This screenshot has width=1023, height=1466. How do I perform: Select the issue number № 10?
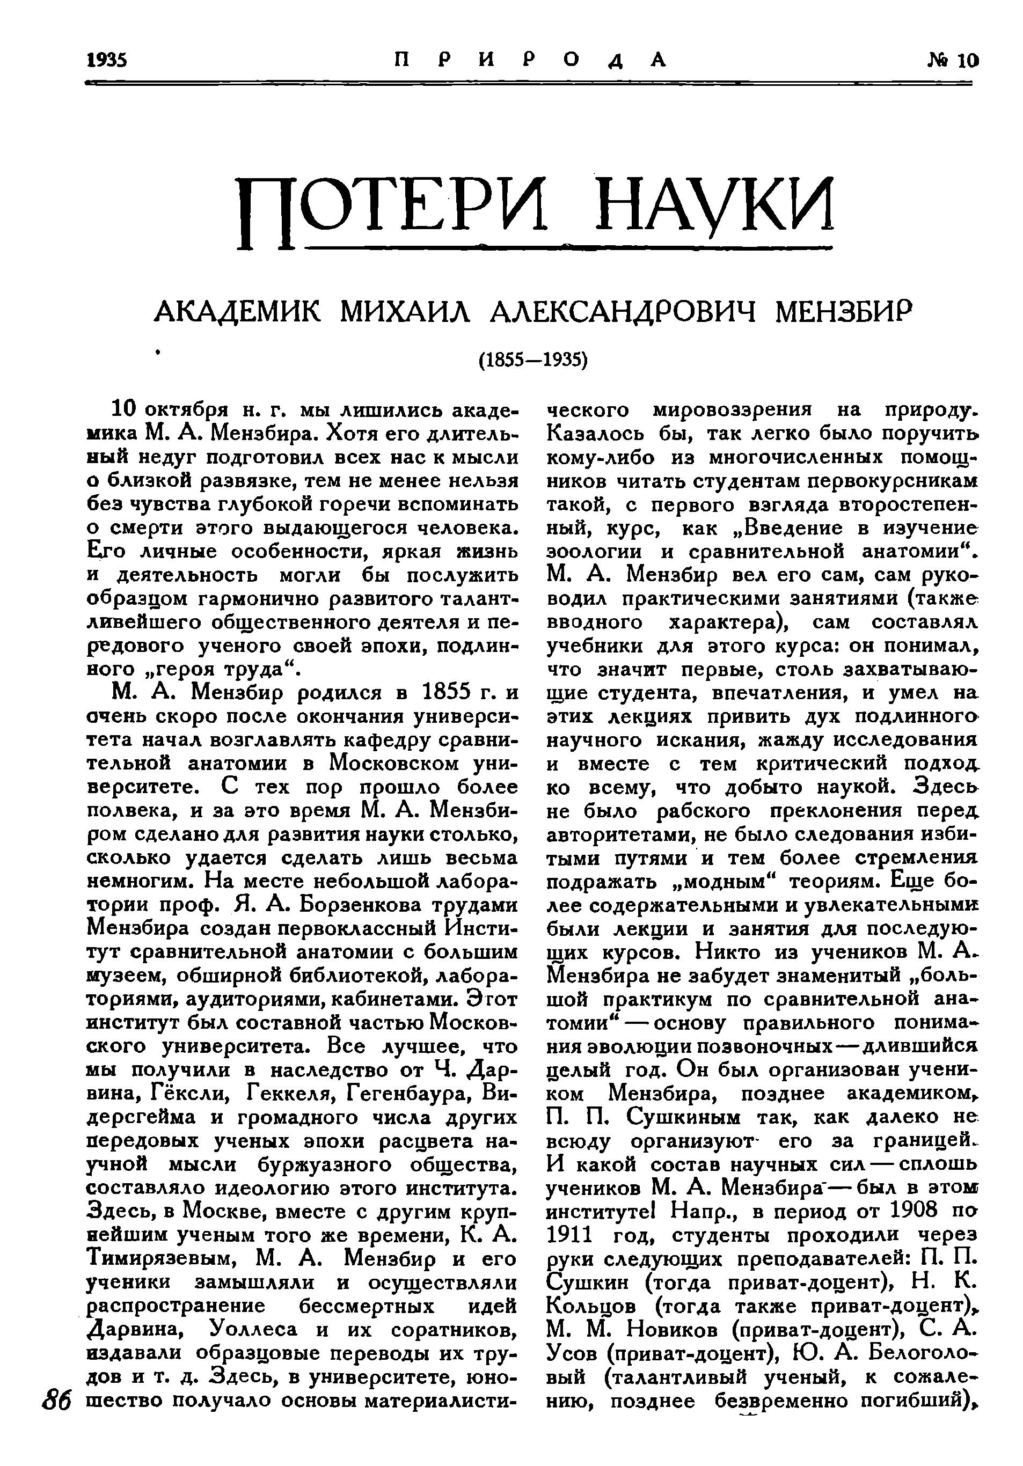[x=952, y=60]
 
